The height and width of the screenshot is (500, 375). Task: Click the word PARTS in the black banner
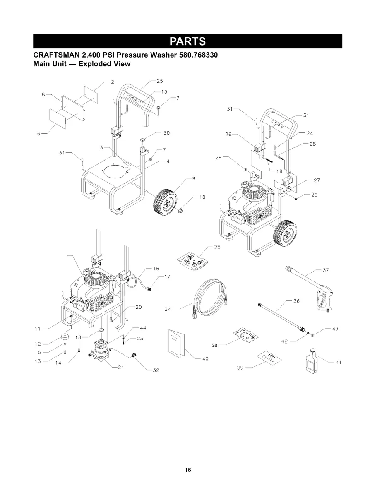(x=187, y=42)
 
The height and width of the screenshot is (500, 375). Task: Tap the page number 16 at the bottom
(x=188, y=470)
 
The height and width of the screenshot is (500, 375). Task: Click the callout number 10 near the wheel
(x=202, y=197)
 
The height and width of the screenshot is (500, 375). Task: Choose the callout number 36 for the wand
(x=296, y=301)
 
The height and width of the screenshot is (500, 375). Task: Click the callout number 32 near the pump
(x=156, y=370)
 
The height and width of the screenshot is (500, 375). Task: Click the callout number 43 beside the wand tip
(x=335, y=329)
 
